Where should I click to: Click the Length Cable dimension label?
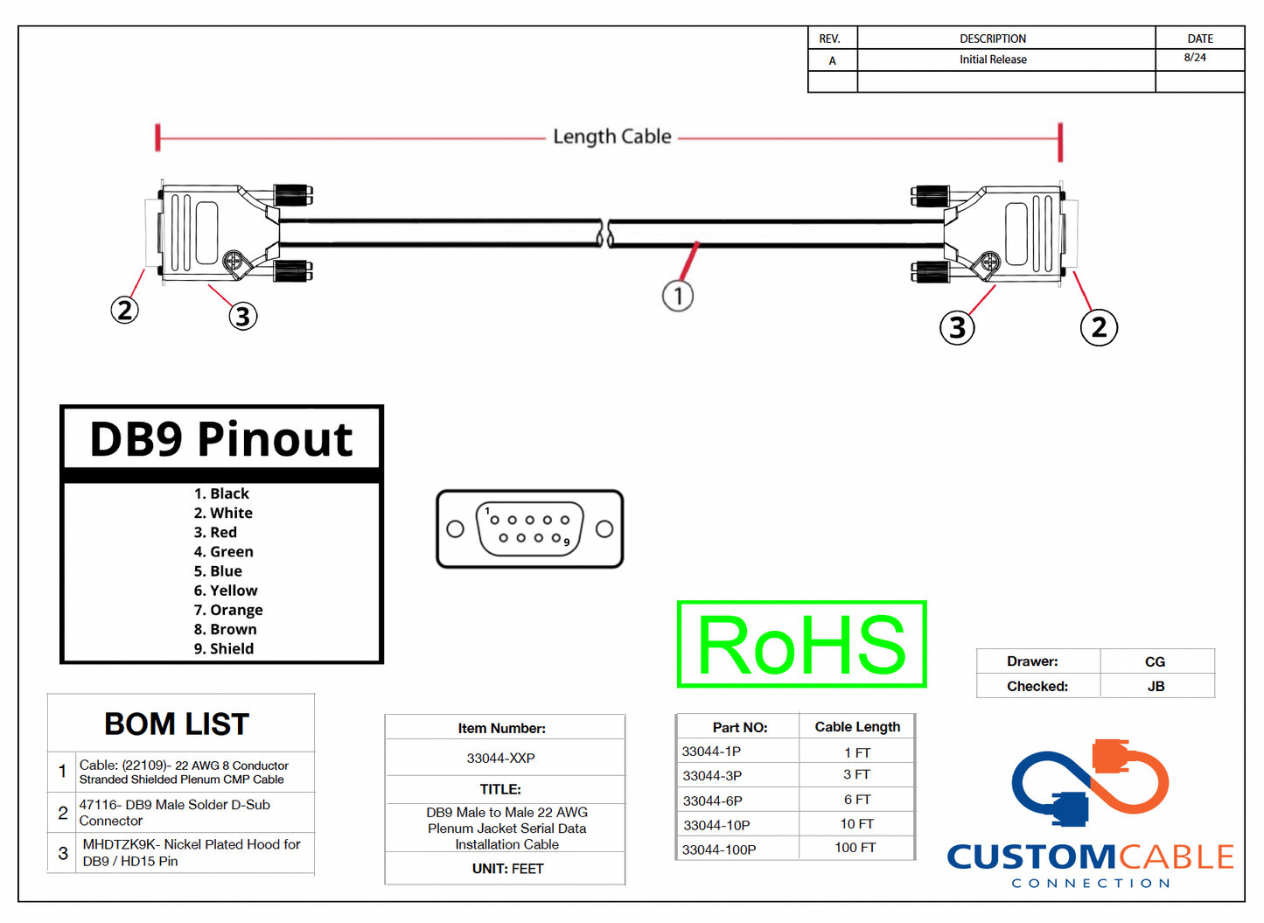pyautogui.click(x=611, y=136)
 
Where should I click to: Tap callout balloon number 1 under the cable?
pyautogui.click(x=678, y=296)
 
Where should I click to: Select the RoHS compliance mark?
pyautogui.click(x=801, y=644)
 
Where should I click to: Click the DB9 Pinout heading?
pyautogui.click(x=221, y=438)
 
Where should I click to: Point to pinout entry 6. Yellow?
pyautogui.click(x=226, y=591)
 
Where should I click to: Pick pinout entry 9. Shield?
pyautogui.click(x=224, y=648)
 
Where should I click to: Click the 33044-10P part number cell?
pyautogui.click(x=716, y=825)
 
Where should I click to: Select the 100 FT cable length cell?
pyautogui.click(x=855, y=848)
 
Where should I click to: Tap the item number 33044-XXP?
pyautogui.click(x=500, y=758)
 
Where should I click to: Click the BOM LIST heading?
pyautogui.click(x=177, y=724)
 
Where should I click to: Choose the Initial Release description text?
pyautogui.click(x=993, y=59)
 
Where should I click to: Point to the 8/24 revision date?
pyautogui.click(x=1195, y=58)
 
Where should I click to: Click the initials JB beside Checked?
pyautogui.click(x=1156, y=687)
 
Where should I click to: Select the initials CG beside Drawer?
pyautogui.click(x=1155, y=662)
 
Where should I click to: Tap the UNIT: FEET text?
pyautogui.click(x=507, y=869)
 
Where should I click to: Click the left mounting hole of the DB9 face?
pyautogui.click(x=455, y=529)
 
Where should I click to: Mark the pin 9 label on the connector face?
pyautogui.click(x=567, y=543)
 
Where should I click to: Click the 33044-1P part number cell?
pyautogui.click(x=711, y=752)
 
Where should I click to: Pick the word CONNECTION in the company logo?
pyautogui.click(x=1090, y=883)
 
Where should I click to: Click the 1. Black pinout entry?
pyautogui.click(x=221, y=493)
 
